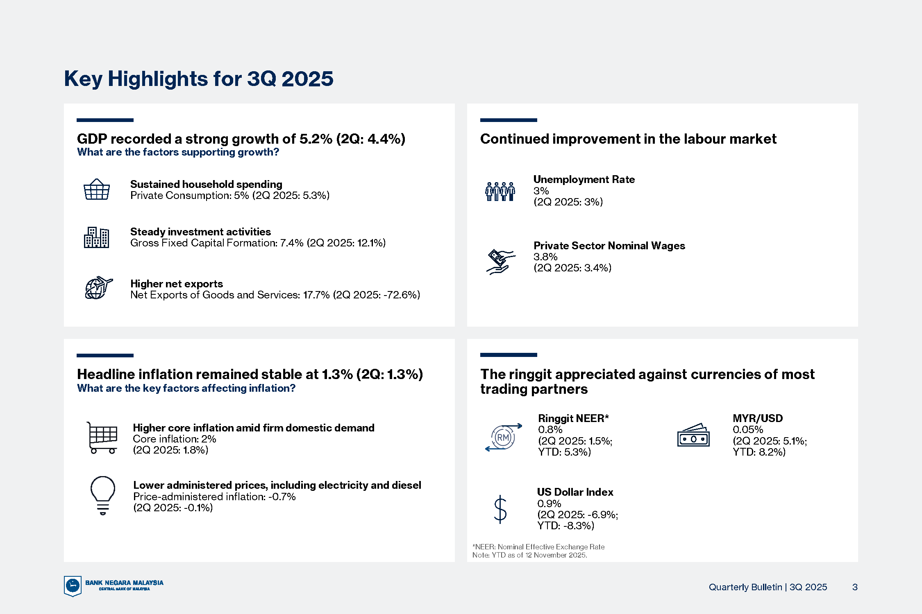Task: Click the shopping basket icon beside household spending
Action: tap(97, 189)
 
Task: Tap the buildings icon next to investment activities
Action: tap(96, 237)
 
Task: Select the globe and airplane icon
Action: tap(98, 288)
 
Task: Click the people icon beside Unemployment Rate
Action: tap(500, 191)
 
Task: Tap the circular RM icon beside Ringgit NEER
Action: tap(503, 438)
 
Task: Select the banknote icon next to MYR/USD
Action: tap(693, 435)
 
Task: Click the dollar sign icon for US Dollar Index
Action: tap(500, 510)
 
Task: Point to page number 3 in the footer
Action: tap(855, 587)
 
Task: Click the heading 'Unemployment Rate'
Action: tap(584, 179)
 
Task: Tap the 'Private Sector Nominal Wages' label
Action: tap(609, 246)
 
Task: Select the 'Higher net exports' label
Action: tap(177, 284)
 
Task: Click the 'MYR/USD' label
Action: tap(758, 418)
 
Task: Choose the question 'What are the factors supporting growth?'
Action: tap(178, 152)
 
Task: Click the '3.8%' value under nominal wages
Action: tap(545, 257)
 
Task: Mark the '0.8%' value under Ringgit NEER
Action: tap(550, 429)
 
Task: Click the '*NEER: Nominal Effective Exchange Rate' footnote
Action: tap(538, 547)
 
